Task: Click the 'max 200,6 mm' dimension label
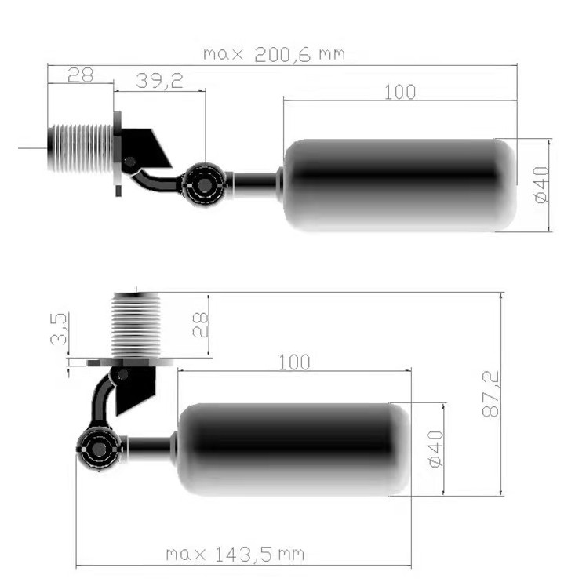tap(274, 55)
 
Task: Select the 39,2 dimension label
tap(159, 81)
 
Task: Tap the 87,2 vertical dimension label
tap(491, 394)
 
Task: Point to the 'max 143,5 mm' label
tap(235, 555)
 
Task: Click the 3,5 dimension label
tap(60, 329)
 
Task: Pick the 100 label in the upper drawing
tap(400, 93)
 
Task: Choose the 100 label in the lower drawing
tap(294, 362)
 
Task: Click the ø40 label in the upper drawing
tap(542, 185)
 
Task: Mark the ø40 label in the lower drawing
tap(435, 449)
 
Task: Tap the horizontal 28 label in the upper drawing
tap(80, 75)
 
